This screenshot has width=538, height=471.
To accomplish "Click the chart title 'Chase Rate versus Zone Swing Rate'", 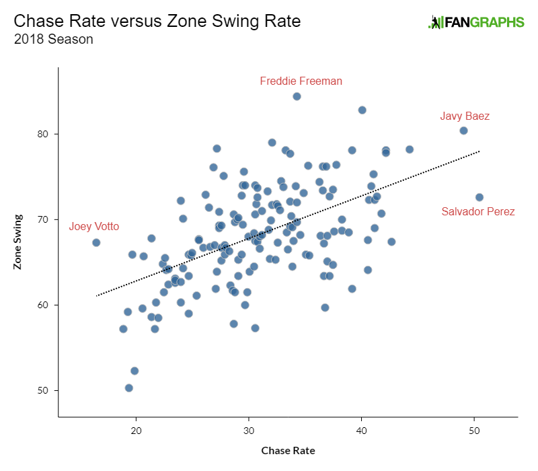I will (x=157, y=21).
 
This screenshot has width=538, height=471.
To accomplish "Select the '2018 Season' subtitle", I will (x=53, y=40).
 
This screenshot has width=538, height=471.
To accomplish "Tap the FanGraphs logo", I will (x=476, y=22).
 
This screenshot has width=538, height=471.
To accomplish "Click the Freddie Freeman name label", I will (x=301, y=81).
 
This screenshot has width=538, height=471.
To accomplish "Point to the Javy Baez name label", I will (x=465, y=116).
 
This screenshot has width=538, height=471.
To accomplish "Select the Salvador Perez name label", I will (x=477, y=211).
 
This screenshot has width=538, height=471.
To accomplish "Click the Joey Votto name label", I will (x=93, y=227).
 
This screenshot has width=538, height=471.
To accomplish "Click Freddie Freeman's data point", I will (x=297, y=96).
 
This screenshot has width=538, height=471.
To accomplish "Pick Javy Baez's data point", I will (x=463, y=131).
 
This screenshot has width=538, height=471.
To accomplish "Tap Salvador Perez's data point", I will (x=479, y=197).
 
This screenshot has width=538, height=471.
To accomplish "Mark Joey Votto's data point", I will (x=96, y=242).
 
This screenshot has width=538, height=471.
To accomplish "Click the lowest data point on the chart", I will (x=129, y=388).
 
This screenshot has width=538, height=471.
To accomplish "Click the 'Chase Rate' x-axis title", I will (x=287, y=450).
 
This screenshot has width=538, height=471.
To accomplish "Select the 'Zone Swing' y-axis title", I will (x=17, y=242).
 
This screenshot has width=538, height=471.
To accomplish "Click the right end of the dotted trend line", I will (x=479, y=151).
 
